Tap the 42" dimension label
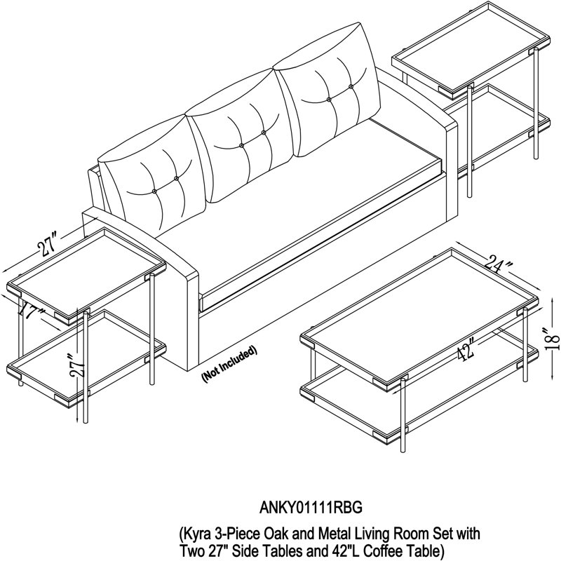[x=466, y=349]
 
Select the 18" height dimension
[x=553, y=337]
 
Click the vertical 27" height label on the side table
[x=79, y=365]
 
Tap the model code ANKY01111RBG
[x=311, y=508]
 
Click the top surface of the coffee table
[x=419, y=318]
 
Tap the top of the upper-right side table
[x=471, y=50]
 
